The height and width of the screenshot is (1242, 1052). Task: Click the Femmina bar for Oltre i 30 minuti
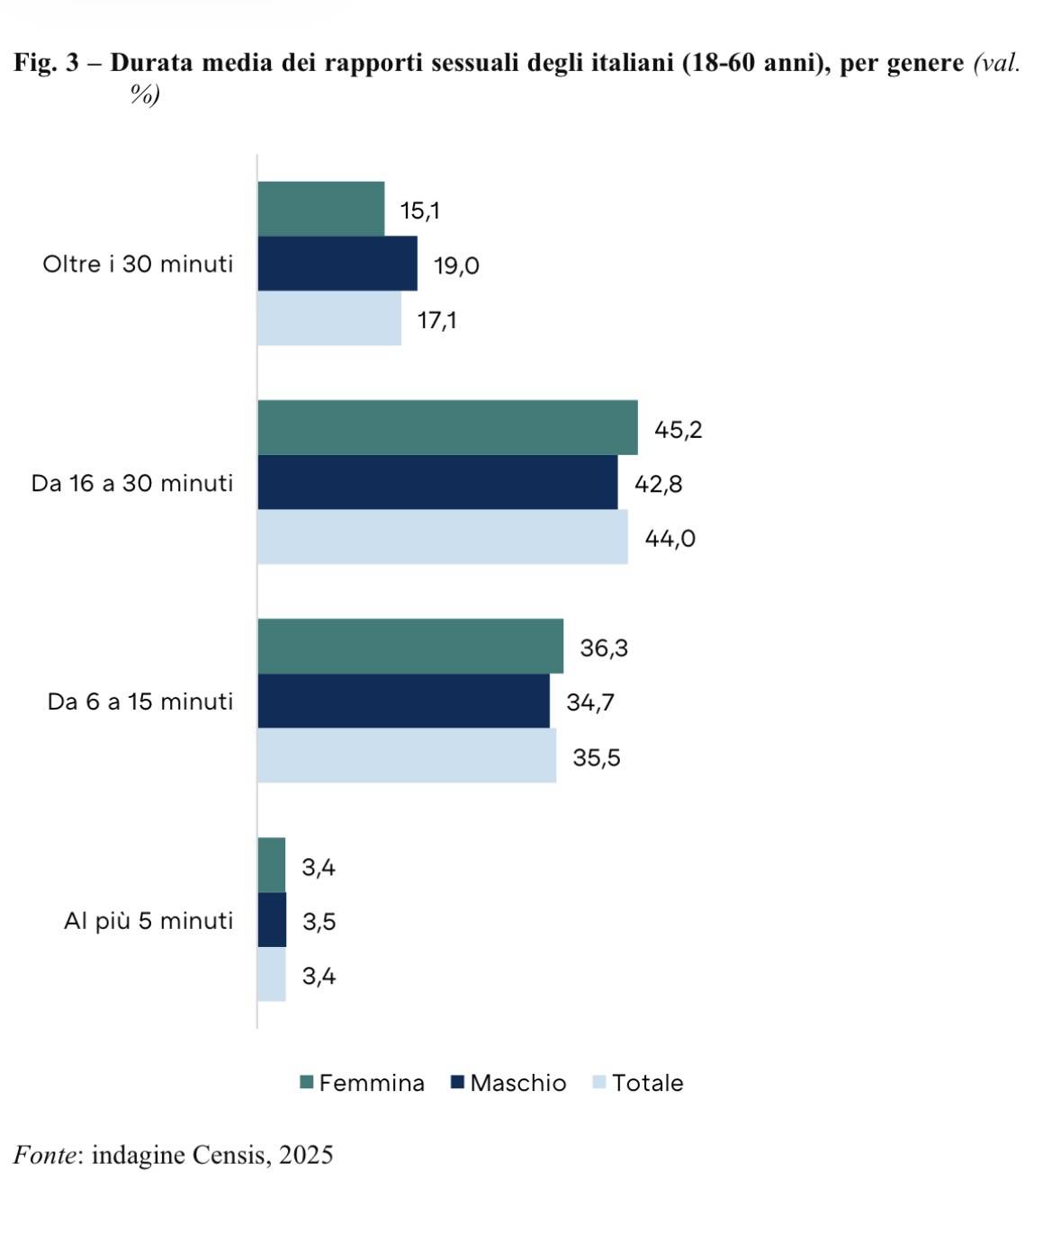(320, 209)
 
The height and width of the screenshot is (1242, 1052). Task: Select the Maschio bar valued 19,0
(337, 264)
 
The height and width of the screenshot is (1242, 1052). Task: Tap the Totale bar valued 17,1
(329, 318)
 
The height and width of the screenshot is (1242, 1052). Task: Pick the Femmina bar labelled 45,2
(447, 427)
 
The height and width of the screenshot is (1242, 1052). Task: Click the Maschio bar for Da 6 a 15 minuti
(403, 701)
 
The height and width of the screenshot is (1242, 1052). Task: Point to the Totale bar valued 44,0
(443, 537)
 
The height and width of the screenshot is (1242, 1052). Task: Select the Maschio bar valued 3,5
(272, 919)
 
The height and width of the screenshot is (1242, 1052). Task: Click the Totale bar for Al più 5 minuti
(272, 974)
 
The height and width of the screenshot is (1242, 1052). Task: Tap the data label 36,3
(604, 648)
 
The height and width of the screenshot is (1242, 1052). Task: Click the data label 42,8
(658, 484)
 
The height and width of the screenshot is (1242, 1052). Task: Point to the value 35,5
(597, 757)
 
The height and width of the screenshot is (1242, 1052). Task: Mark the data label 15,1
(420, 210)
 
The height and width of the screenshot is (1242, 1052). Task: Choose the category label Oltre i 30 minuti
(138, 264)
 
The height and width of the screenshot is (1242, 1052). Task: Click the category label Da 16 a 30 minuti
(132, 483)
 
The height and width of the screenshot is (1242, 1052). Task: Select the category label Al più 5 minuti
(148, 920)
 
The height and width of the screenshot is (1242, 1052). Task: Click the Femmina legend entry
(362, 1083)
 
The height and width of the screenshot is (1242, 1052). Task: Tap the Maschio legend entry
(508, 1083)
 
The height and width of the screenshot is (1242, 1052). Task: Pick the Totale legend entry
(638, 1083)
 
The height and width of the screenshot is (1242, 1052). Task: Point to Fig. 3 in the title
(48, 63)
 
